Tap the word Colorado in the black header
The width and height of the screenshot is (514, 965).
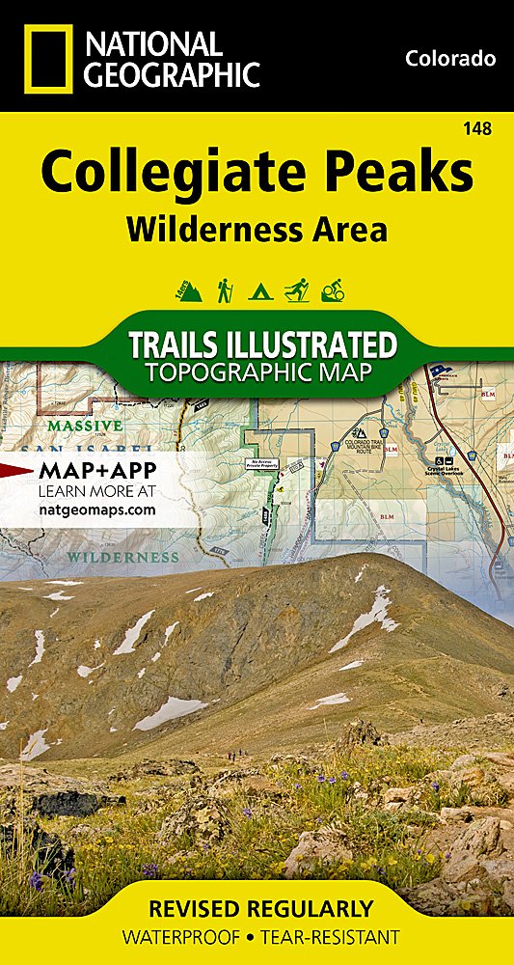click(450, 59)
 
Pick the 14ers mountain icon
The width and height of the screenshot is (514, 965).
click(188, 289)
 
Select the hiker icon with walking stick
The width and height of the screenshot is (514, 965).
click(225, 289)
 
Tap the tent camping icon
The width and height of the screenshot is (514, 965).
click(258, 289)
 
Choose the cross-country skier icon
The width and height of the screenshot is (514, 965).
click(295, 289)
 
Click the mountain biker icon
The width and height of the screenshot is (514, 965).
click(332, 289)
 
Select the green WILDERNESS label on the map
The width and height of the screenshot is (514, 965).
click(122, 557)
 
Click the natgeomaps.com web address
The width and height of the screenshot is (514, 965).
click(96, 510)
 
